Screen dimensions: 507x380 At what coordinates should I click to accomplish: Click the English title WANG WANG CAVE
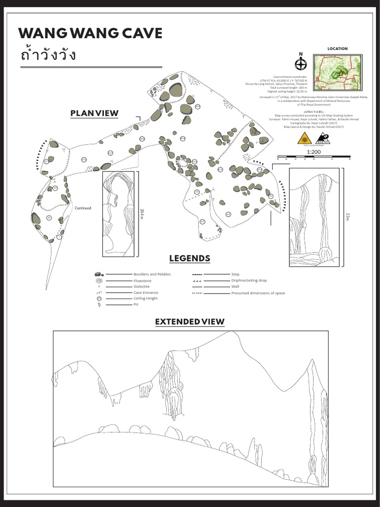pyautogui.click(x=90, y=34)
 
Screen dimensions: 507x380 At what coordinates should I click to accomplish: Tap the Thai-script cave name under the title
pyautogui.click(x=48, y=54)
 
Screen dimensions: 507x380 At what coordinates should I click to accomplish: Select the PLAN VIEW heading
pyautogui.click(x=95, y=113)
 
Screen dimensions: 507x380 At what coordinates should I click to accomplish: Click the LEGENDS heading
pyautogui.click(x=190, y=258)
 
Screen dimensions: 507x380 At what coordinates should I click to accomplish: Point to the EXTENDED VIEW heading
pyautogui.click(x=190, y=322)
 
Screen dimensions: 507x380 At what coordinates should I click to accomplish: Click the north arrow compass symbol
pyautogui.click(x=300, y=63)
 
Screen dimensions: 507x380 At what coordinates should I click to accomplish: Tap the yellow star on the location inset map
pyautogui.click(x=340, y=73)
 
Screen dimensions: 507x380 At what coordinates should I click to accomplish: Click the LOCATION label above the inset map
pyautogui.click(x=337, y=49)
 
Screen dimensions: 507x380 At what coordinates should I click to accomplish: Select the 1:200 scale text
pyautogui.click(x=314, y=152)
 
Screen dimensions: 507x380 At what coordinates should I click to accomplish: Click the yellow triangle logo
pyautogui.click(x=304, y=139)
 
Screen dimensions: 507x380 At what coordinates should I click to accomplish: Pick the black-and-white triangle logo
pyautogui.click(x=322, y=139)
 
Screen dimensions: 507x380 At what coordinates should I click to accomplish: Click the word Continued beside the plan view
pyautogui.click(x=83, y=208)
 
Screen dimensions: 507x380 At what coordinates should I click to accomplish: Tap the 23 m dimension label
pyautogui.click(x=347, y=216)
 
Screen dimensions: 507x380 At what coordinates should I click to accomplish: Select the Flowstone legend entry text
pyautogui.click(x=142, y=281)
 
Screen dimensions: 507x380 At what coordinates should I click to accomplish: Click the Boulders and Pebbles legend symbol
pyautogui.click(x=98, y=274)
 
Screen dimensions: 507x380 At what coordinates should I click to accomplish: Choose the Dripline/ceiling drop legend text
pyautogui.click(x=249, y=280)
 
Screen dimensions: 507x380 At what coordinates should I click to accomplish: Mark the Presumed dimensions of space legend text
pyautogui.click(x=258, y=293)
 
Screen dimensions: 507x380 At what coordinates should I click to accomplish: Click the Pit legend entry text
pyautogui.click(x=136, y=304)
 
